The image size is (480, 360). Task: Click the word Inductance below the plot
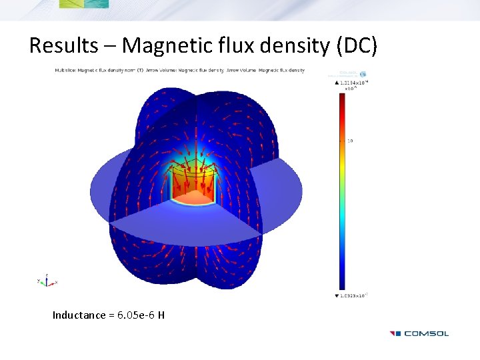coord(79,315)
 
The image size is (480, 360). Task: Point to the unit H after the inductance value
coord(161,315)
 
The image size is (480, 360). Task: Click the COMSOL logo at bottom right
coord(419,333)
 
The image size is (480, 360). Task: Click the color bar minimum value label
coord(354,295)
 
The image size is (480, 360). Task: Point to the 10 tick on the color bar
coord(349,141)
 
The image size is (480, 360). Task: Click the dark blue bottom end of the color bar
coord(341,283)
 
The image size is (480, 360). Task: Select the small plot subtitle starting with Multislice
coord(179,70)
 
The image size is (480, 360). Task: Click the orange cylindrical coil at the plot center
coord(193,187)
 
